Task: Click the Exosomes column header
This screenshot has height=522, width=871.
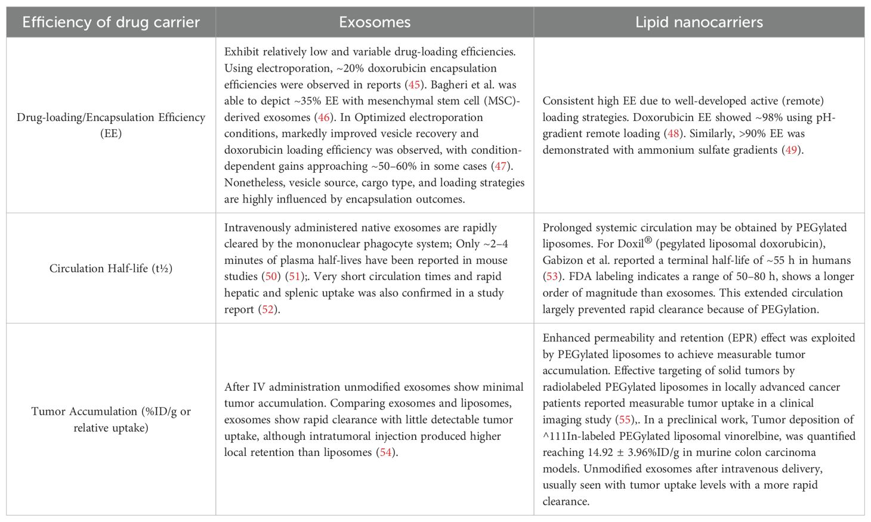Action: point(375,23)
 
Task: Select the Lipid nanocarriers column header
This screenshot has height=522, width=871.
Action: point(699,23)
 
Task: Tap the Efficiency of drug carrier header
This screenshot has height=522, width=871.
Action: point(111,23)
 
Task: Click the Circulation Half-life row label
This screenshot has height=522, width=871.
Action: point(111,268)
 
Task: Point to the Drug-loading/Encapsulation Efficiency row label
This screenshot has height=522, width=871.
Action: point(111,125)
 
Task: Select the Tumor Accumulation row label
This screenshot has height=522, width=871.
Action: point(111,420)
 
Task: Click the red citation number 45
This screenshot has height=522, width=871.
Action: point(414,85)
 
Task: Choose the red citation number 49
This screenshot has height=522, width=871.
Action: point(791,150)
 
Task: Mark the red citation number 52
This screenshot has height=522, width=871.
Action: point(267,309)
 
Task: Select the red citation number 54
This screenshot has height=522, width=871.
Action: point(386,452)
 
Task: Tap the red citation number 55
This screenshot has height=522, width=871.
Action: point(623,420)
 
